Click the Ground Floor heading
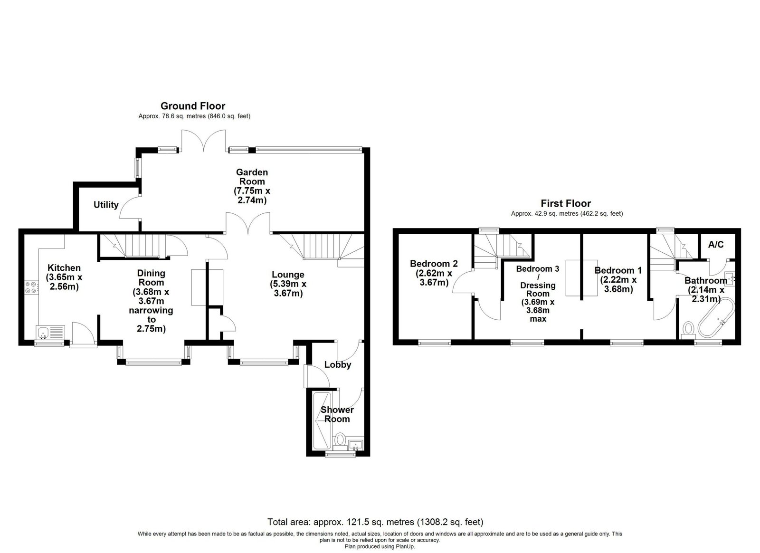pyautogui.click(x=193, y=106)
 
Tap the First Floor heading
pyautogui.click(x=566, y=203)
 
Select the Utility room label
pyautogui.click(x=106, y=205)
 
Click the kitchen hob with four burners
pyautogui.click(x=31, y=287)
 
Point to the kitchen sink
pyautogui.click(x=50, y=333)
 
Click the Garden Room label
pyautogui.click(x=252, y=177)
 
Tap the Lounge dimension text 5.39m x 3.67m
pyautogui.click(x=288, y=288)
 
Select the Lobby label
pyautogui.click(x=338, y=365)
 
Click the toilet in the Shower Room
pyautogui.click(x=340, y=441)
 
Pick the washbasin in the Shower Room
pyautogui.click(x=356, y=444)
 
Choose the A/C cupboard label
pyautogui.click(x=716, y=244)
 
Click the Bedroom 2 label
pyautogui.click(x=434, y=264)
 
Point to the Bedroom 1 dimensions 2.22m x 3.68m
pyautogui.click(x=618, y=285)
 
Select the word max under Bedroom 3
pyautogui.click(x=538, y=319)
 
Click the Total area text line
pyautogui.click(x=375, y=522)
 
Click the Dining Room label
pyautogui.click(x=151, y=277)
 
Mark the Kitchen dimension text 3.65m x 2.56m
pyautogui.click(x=64, y=282)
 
